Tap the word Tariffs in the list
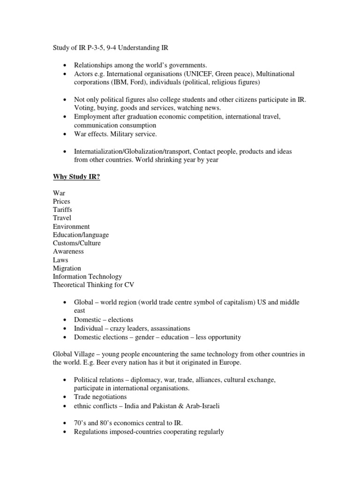[x=62, y=210]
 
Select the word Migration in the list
[x=67, y=268]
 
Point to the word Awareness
[x=68, y=251]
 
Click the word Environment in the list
[x=71, y=226]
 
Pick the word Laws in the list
[x=60, y=260]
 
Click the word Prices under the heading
[x=62, y=201]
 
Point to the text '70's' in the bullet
[x=81, y=423]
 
